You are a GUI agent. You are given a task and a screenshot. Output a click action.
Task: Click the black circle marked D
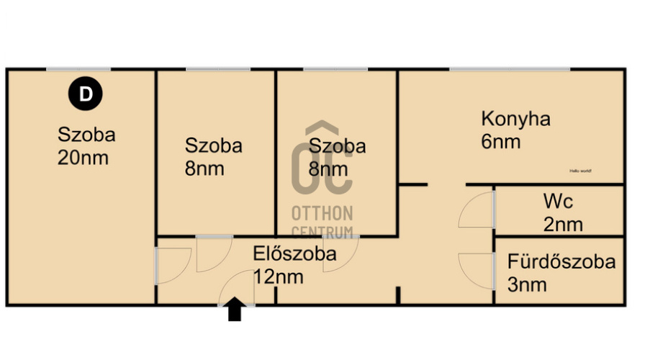point(86,95)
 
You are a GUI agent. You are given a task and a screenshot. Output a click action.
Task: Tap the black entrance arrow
point(235,310)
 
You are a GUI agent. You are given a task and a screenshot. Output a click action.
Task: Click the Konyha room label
point(515,119)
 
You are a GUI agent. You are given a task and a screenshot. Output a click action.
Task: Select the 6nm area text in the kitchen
point(501,141)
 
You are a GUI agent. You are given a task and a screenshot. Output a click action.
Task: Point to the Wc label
point(558,202)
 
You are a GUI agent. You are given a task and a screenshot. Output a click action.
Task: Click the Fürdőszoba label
point(561,261)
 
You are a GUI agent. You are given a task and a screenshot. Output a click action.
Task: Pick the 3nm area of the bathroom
point(527,284)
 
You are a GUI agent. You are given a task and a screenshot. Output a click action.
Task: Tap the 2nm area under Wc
point(563,225)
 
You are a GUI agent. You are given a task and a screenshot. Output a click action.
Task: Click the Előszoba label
point(294,253)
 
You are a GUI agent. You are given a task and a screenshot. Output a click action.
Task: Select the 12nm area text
point(279,276)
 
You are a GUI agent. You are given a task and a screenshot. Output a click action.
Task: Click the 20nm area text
point(83,158)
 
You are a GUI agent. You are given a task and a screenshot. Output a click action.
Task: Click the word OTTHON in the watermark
point(322,214)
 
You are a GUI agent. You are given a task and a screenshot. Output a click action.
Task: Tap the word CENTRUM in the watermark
point(322,232)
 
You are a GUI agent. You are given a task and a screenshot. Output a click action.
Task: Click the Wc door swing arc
point(476,210)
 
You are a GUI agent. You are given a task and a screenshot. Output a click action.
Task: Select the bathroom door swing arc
point(476,271)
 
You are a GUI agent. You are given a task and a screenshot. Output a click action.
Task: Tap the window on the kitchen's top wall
point(510,69)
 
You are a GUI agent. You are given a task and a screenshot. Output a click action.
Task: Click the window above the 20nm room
point(78,69)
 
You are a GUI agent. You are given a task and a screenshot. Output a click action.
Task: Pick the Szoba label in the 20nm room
point(86,135)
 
